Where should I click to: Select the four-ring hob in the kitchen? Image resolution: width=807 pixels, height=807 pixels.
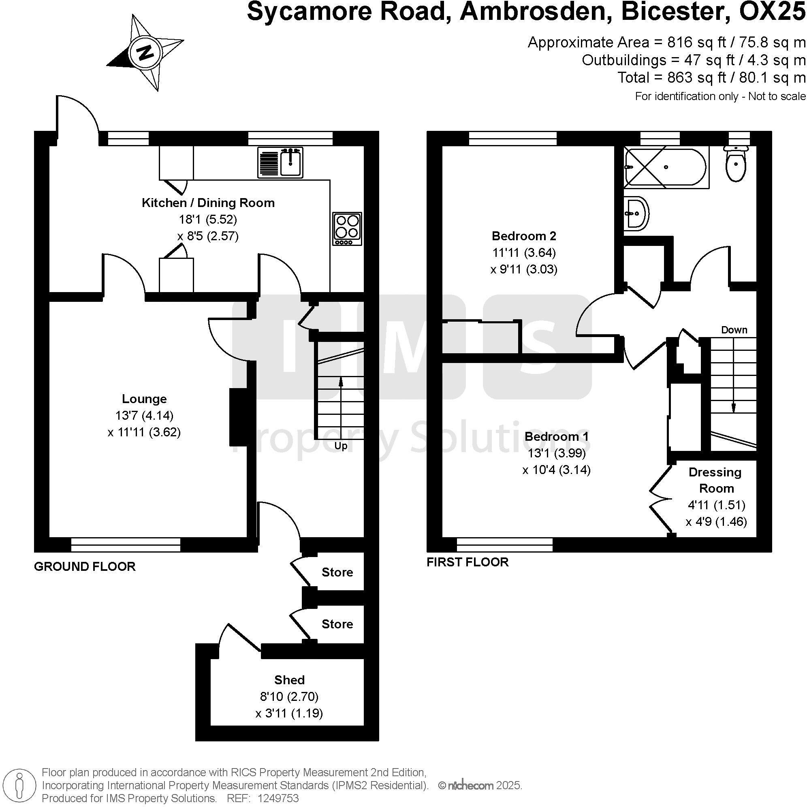pyautogui.click(x=347, y=228)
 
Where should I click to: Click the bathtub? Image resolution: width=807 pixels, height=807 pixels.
pyautogui.click(x=666, y=167)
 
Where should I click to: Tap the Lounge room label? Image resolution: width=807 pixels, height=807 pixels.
pyautogui.click(x=144, y=399)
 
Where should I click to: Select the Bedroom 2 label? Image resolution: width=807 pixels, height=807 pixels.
pyautogui.click(x=524, y=236)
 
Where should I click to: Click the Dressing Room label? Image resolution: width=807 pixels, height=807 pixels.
pyautogui.click(x=715, y=480)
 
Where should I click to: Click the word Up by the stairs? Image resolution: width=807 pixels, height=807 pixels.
pyautogui.click(x=340, y=446)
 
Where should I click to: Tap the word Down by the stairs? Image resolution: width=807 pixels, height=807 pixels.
pyautogui.click(x=734, y=330)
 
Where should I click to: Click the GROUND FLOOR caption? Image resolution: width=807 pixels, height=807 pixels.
pyautogui.click(x=85, y=566)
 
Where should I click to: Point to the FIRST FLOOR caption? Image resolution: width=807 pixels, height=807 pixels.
pyautogui.click(x=468, y=562)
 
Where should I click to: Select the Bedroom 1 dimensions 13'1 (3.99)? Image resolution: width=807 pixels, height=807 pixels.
pyautogui.click(x=556, y=453)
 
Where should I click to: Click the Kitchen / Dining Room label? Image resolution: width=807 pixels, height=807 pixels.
pyautogui.click(x=208, y=203)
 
